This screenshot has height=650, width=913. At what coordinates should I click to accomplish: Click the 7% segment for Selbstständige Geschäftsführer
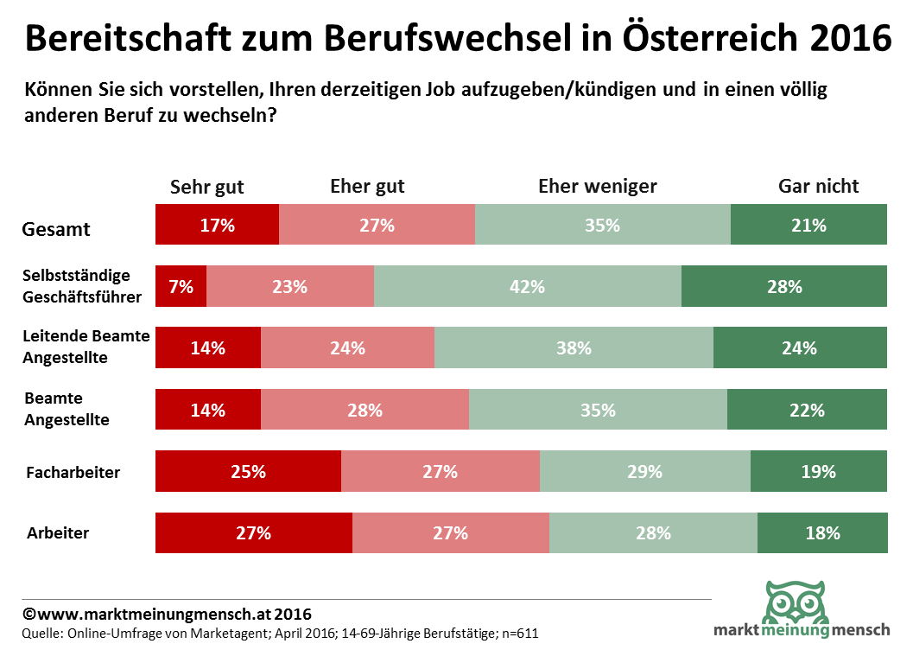point(181,286)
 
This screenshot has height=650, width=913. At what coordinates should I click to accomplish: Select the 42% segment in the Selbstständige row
point(527,286)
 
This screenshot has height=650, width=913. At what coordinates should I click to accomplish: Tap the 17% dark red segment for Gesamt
point(217,226)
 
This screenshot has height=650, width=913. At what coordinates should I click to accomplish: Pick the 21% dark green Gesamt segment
point(808,226)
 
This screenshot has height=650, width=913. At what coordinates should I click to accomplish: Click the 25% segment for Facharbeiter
point(248,472)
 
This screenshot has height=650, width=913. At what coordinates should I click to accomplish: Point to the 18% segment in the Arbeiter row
point(822,533)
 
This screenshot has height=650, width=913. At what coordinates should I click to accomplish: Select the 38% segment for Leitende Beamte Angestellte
point(574,348)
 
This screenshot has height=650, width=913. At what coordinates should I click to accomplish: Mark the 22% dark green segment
point(808,410)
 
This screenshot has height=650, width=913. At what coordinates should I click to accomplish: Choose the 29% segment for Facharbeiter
point(644,472)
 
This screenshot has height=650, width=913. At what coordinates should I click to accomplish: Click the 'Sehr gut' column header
point(207,187)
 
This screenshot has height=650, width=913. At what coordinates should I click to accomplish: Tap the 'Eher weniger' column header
point(598,187)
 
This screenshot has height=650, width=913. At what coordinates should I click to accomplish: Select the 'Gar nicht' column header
point(819,187)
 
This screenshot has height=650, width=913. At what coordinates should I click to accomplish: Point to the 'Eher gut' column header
point(367,187)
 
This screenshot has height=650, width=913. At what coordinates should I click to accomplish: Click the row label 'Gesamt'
point(56,230)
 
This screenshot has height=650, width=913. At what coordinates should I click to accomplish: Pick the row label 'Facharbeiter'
point(73,473)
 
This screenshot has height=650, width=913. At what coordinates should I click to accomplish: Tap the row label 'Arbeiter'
point(58,533)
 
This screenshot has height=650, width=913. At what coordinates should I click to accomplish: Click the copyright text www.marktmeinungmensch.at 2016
point(167,615)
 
